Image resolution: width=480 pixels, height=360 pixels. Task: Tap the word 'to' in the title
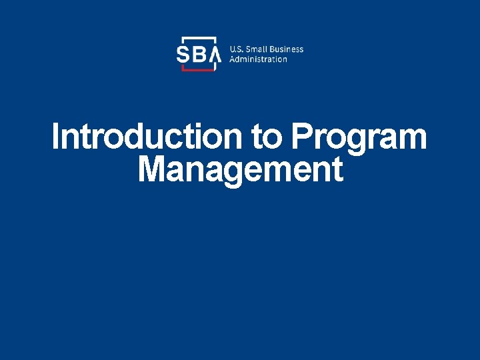coord(267,137)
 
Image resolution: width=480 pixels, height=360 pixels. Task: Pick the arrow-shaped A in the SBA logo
coord(215,55)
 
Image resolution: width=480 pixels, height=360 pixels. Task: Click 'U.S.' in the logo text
coord(237,49)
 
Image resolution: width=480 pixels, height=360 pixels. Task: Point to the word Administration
coord(258,59)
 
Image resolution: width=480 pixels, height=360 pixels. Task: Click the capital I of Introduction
coord(56,137)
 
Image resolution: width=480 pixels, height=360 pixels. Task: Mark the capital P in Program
coord(300,137)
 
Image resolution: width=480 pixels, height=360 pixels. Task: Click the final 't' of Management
coord(338,170)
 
